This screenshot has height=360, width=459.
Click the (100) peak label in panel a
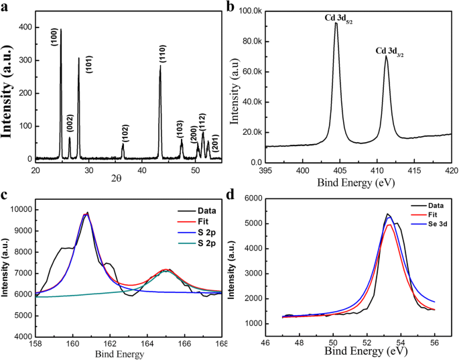point(54,37)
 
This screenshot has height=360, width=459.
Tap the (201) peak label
point(214,143)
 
